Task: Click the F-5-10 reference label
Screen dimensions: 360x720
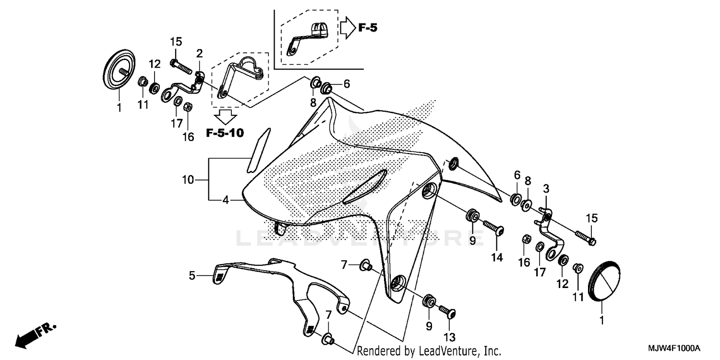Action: [225, 133]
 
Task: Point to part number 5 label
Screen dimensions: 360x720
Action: [192, 276]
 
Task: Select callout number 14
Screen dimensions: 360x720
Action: [496, 257]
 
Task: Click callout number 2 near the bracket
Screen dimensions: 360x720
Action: [199, 53]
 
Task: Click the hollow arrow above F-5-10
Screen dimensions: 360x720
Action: [225, 116]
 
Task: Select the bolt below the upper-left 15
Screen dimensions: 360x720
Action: [181, 66]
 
